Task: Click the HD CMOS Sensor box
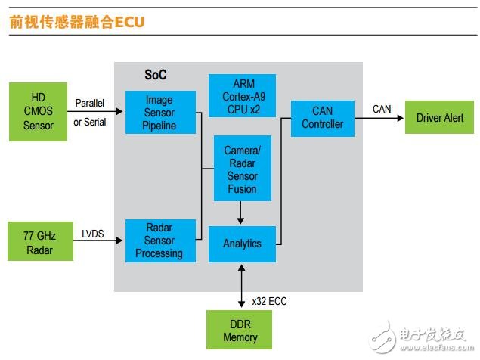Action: click(39, 112)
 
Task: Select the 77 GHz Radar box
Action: click(39, 241)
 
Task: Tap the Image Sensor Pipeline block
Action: click(160, 112)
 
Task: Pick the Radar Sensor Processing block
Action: click(160, 241)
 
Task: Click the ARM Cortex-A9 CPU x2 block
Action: click(242, 95)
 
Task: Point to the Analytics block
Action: click(242, 244)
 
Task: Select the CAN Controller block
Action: click(323, 118)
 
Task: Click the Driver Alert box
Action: click(440, 118)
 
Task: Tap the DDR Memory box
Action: click(240, 331)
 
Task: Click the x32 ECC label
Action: click(270, 301)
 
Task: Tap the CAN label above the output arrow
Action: click(382, 109)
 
